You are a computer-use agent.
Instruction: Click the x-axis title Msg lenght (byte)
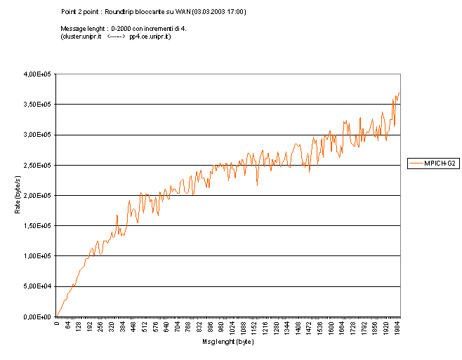click(228, 342)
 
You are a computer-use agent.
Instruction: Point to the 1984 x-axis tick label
click(399, 328)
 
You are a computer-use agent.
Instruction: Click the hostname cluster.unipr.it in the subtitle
click(84, 36)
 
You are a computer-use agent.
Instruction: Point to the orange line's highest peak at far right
click(399, 93)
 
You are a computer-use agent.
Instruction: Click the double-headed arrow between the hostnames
click(117, 36)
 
